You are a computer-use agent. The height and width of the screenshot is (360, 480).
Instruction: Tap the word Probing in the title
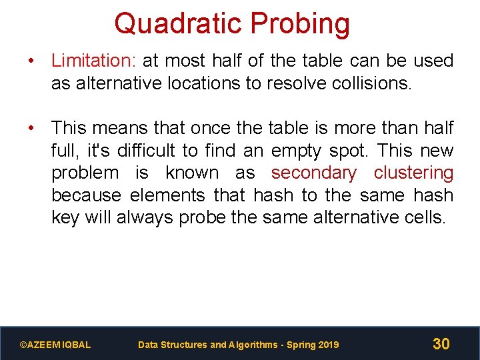tap(299, 23)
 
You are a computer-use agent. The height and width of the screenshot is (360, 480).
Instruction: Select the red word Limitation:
tap(94, 61)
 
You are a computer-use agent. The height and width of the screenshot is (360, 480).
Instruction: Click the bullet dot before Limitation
tap(31, 61)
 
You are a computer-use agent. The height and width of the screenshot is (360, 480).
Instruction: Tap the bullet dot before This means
tap(31, 127)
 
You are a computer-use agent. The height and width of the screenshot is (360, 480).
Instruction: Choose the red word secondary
tap(313, 173)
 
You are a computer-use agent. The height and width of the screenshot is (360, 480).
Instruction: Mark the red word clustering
tap(413, 173)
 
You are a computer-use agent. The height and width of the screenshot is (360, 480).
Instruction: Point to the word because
tap(87, 195)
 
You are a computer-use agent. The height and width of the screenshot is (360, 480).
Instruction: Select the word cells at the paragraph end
tap(423, 218)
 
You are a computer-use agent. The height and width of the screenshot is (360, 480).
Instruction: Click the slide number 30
tap(441, 344)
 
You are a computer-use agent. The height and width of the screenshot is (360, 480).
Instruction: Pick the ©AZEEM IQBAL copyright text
tap(55, 345)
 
